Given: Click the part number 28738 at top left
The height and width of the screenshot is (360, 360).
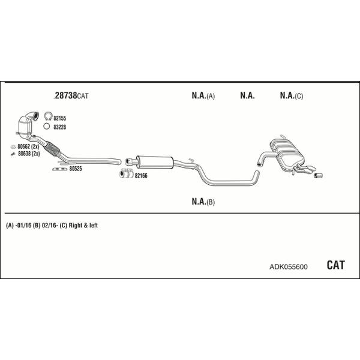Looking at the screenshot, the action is (x=66, y=95).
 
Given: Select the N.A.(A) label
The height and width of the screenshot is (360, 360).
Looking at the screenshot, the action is (x=203, y=95).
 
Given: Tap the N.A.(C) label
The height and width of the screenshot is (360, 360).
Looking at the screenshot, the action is (x=292, y=95).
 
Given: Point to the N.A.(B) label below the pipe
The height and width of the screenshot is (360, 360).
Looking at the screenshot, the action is (x=203, y=202).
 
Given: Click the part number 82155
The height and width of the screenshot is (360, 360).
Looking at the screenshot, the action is (x=59, y=118).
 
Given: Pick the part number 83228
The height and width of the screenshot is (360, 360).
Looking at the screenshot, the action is (x=59, y=127).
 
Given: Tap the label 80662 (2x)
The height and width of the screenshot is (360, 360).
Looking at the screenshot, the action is (x=28, y=146).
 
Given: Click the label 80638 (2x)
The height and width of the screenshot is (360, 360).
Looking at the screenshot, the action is (x=29, y=154).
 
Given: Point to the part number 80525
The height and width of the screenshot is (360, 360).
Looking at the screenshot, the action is (x=76, y=169).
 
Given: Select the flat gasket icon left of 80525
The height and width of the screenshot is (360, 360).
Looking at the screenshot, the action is (x=59, y=169).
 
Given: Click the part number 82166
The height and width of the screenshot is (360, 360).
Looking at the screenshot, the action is (x=141, y=176).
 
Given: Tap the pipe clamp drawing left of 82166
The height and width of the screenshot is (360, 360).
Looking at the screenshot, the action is (x=127, y=173).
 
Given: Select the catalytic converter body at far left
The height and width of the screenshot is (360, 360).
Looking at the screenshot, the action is (x=25, y=127).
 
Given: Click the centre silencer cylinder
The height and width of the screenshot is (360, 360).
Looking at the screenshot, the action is (x=154, y=162).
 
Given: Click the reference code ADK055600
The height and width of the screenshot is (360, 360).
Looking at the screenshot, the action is (x=289, y=267).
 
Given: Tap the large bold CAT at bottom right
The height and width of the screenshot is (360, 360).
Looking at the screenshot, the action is (x=335, y=265).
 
